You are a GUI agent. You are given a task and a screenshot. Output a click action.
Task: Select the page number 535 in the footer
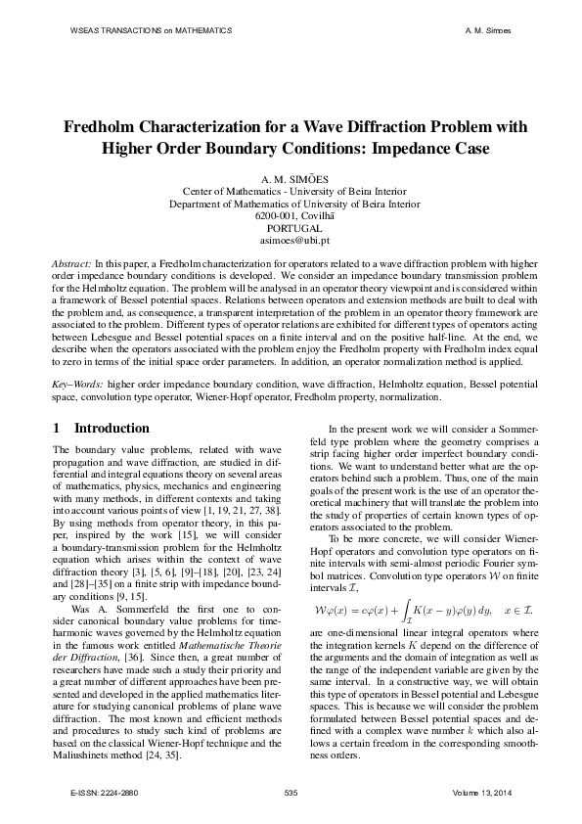coord(290,790)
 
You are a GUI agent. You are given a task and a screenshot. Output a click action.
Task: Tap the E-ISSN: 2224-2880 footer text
coord(98,790)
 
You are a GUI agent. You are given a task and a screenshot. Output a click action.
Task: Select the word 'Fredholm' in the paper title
coord(105,127)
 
